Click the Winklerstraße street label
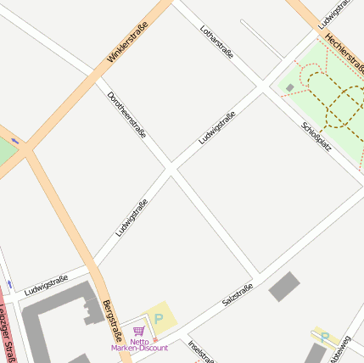(x=128, y=42)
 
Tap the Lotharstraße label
(x=216, y=42)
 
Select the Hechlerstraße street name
(x=343, y=40)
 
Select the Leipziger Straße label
(x=7, y=335)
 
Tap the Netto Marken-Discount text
(x=138, y=344)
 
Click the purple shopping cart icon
(x=138, y=331)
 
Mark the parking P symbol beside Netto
(x=159, y=318)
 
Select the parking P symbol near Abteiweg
(x=324, y=336)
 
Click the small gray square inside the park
(x=290, y=87)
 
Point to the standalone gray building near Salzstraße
(x=284, y=287)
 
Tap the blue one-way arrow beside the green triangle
(x=14, y=140)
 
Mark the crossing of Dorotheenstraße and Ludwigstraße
(x=171, y=169)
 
